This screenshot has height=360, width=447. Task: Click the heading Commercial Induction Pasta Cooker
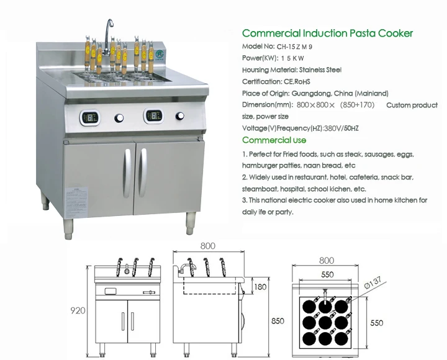[327, 34]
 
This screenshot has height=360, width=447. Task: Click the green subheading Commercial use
[274, 140]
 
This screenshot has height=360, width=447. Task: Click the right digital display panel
[153, 116]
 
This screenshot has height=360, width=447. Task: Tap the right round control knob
[181, 116]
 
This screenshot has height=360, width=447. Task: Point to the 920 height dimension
[78, 310]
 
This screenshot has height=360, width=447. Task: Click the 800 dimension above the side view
[207, 246]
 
